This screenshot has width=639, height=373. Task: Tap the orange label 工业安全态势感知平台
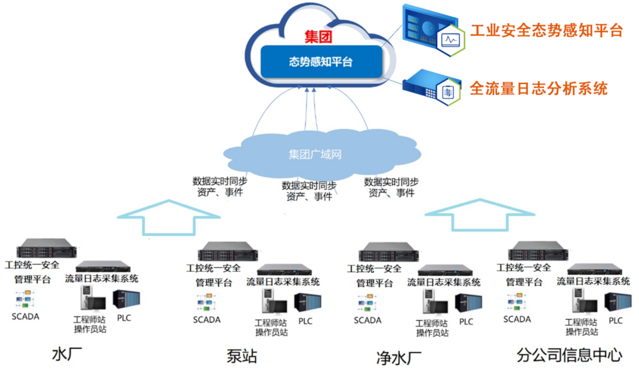546,30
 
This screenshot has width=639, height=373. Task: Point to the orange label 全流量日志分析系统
538,89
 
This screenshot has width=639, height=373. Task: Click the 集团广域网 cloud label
315,154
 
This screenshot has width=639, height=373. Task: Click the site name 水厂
67,354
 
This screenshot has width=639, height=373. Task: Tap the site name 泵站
242,356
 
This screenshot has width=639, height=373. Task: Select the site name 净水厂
398,357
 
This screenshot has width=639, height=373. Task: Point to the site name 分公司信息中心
569,355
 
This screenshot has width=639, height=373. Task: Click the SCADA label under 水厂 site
25,317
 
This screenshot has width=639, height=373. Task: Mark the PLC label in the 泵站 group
305,321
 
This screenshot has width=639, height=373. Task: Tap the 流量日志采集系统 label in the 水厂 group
101,278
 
